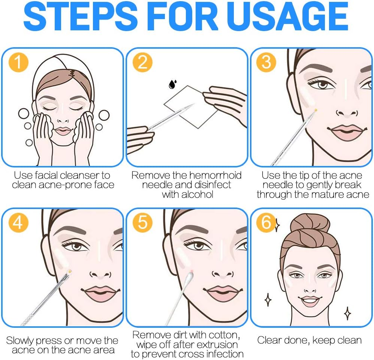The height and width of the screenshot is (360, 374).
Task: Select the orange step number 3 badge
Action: coord(266,62)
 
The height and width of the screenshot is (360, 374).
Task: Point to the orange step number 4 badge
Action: coord(18,223)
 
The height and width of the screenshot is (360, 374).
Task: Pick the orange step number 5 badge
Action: coord(142,223)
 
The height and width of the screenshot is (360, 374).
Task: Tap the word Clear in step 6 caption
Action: coord(269,340)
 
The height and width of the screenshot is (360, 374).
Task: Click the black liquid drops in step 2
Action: coord(172,84)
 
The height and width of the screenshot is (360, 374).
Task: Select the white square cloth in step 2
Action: coord(191,107)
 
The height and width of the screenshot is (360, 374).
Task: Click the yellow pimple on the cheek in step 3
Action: coord(316,110)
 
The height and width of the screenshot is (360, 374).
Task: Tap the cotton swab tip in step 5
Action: coord(189,277)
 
